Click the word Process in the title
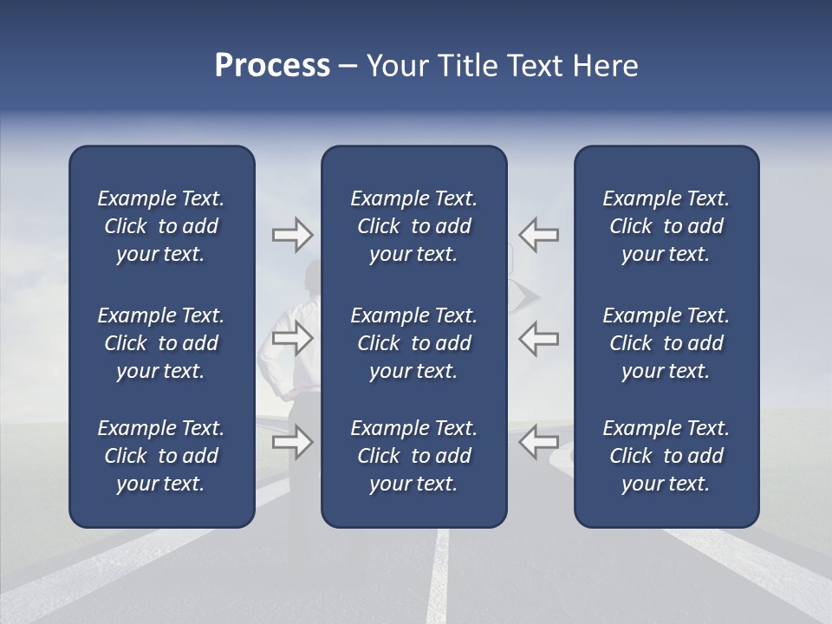coord(272,66)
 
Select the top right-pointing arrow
coord(292,234)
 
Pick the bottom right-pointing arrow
coord(292,442)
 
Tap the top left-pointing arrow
coord(539,234)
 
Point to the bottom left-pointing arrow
coord(539,442)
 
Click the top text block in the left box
coord(161,226)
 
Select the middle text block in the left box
coord(161,343)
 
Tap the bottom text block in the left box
coord(161,456)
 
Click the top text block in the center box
coord(413,226)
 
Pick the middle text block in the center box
coord(413,343)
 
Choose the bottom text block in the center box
coord(413,456)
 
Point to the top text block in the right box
coord(666,226)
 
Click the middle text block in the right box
coord(666,343)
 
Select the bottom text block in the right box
coord(666,456)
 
